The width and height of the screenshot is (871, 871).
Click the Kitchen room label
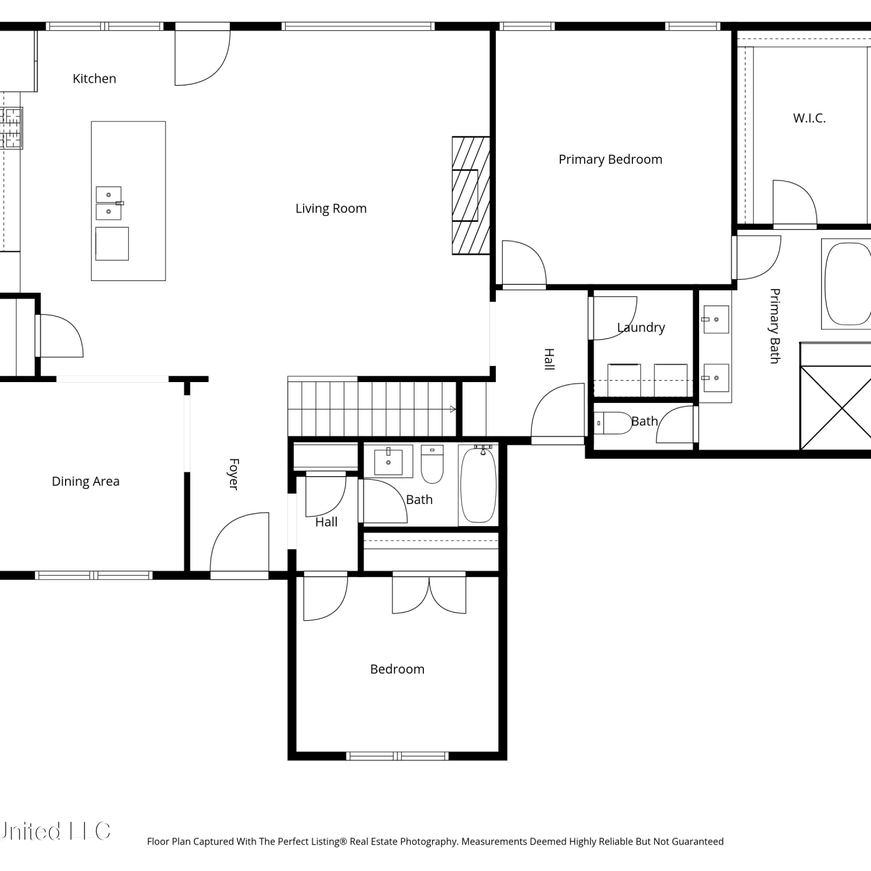point(94,78)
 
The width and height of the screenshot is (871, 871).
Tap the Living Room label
point(331,208)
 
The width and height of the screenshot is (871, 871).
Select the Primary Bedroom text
point(610,160)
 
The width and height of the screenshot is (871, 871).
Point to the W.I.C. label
point(809,118)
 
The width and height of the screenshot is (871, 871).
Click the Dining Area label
point(85,481)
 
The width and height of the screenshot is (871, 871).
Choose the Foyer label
point(233,474)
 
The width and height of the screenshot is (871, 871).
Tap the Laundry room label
point(641,327)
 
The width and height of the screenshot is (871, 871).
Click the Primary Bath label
point(774,326)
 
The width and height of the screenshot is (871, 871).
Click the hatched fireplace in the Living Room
point(471,195)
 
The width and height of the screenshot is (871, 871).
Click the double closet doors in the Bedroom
point(429,593)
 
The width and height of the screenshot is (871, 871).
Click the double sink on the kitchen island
point(109,203)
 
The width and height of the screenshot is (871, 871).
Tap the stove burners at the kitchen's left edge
point(10,128)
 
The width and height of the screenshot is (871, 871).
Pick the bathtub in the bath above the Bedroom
point(478,484)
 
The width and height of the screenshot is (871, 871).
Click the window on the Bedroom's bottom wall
point(397,756)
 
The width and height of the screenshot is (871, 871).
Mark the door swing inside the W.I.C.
point(795,203)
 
